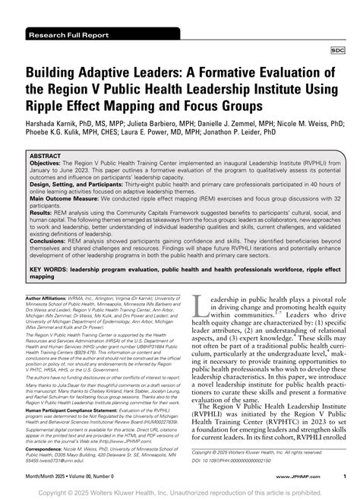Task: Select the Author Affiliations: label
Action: click(x=47, y=299)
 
